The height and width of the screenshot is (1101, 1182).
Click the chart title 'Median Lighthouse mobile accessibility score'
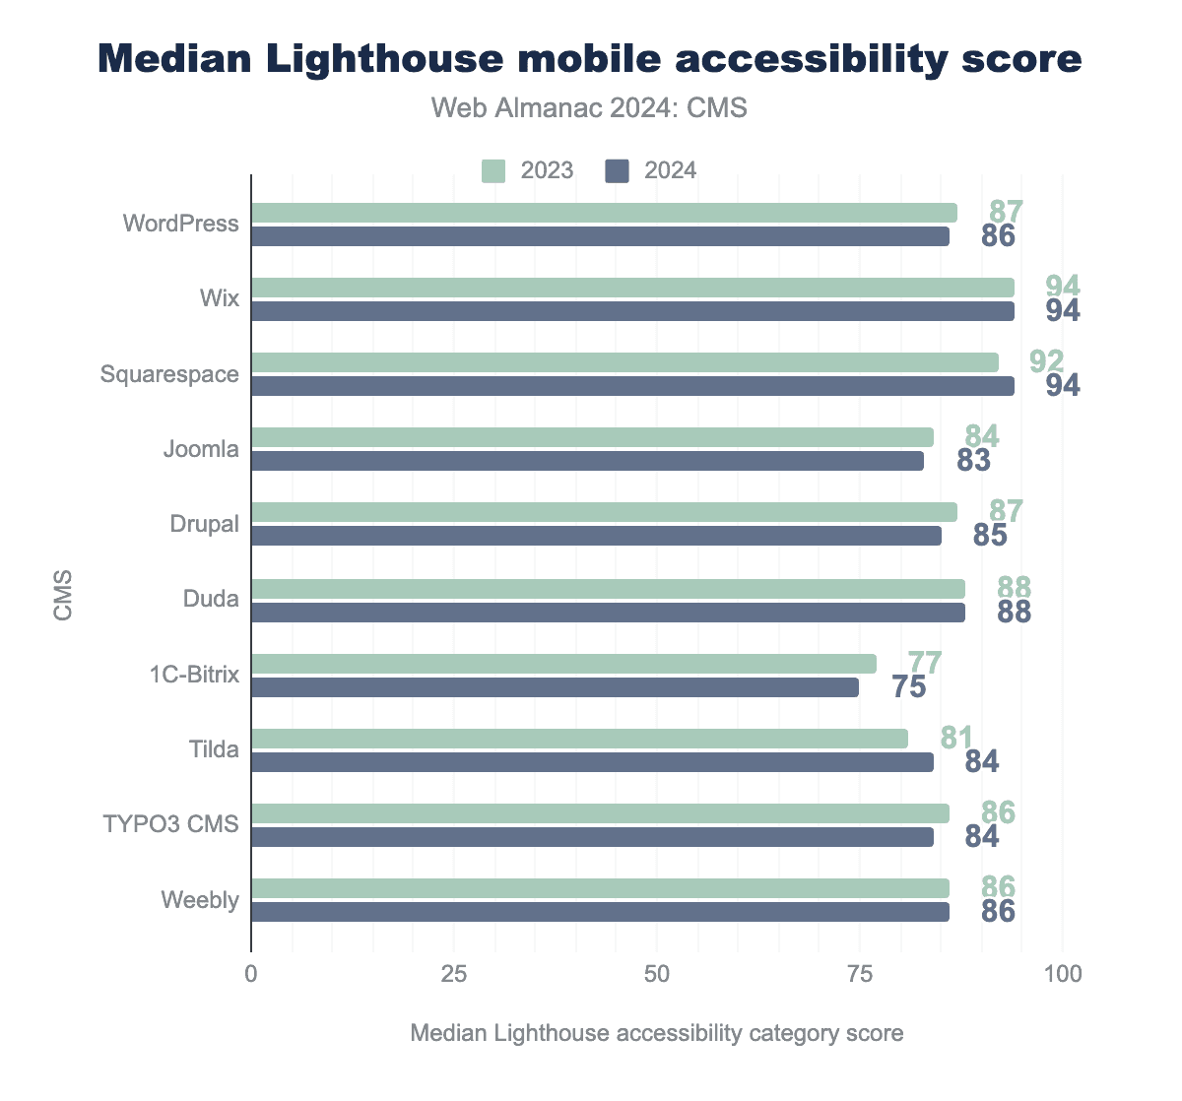590,59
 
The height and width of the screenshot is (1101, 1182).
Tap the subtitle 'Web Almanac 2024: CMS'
590,108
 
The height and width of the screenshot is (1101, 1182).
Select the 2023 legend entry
528,170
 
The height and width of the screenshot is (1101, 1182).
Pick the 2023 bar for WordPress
604,213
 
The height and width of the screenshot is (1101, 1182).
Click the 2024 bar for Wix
632,311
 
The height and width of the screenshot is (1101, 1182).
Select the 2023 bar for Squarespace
624,362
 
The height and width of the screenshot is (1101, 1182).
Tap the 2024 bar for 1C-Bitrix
555,687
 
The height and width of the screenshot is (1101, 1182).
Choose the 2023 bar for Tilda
579,739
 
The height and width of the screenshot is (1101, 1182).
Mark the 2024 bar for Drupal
596,536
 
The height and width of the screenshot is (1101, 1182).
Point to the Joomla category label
201,449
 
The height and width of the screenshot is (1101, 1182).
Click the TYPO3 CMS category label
171,824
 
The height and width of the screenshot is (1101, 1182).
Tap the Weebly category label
200,900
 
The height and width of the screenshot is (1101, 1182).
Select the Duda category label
211,599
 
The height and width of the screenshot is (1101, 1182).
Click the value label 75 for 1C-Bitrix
909,687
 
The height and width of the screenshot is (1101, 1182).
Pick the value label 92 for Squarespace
1047,361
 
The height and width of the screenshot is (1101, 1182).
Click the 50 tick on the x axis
657,974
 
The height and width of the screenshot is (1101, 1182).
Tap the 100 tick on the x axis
1063,974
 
